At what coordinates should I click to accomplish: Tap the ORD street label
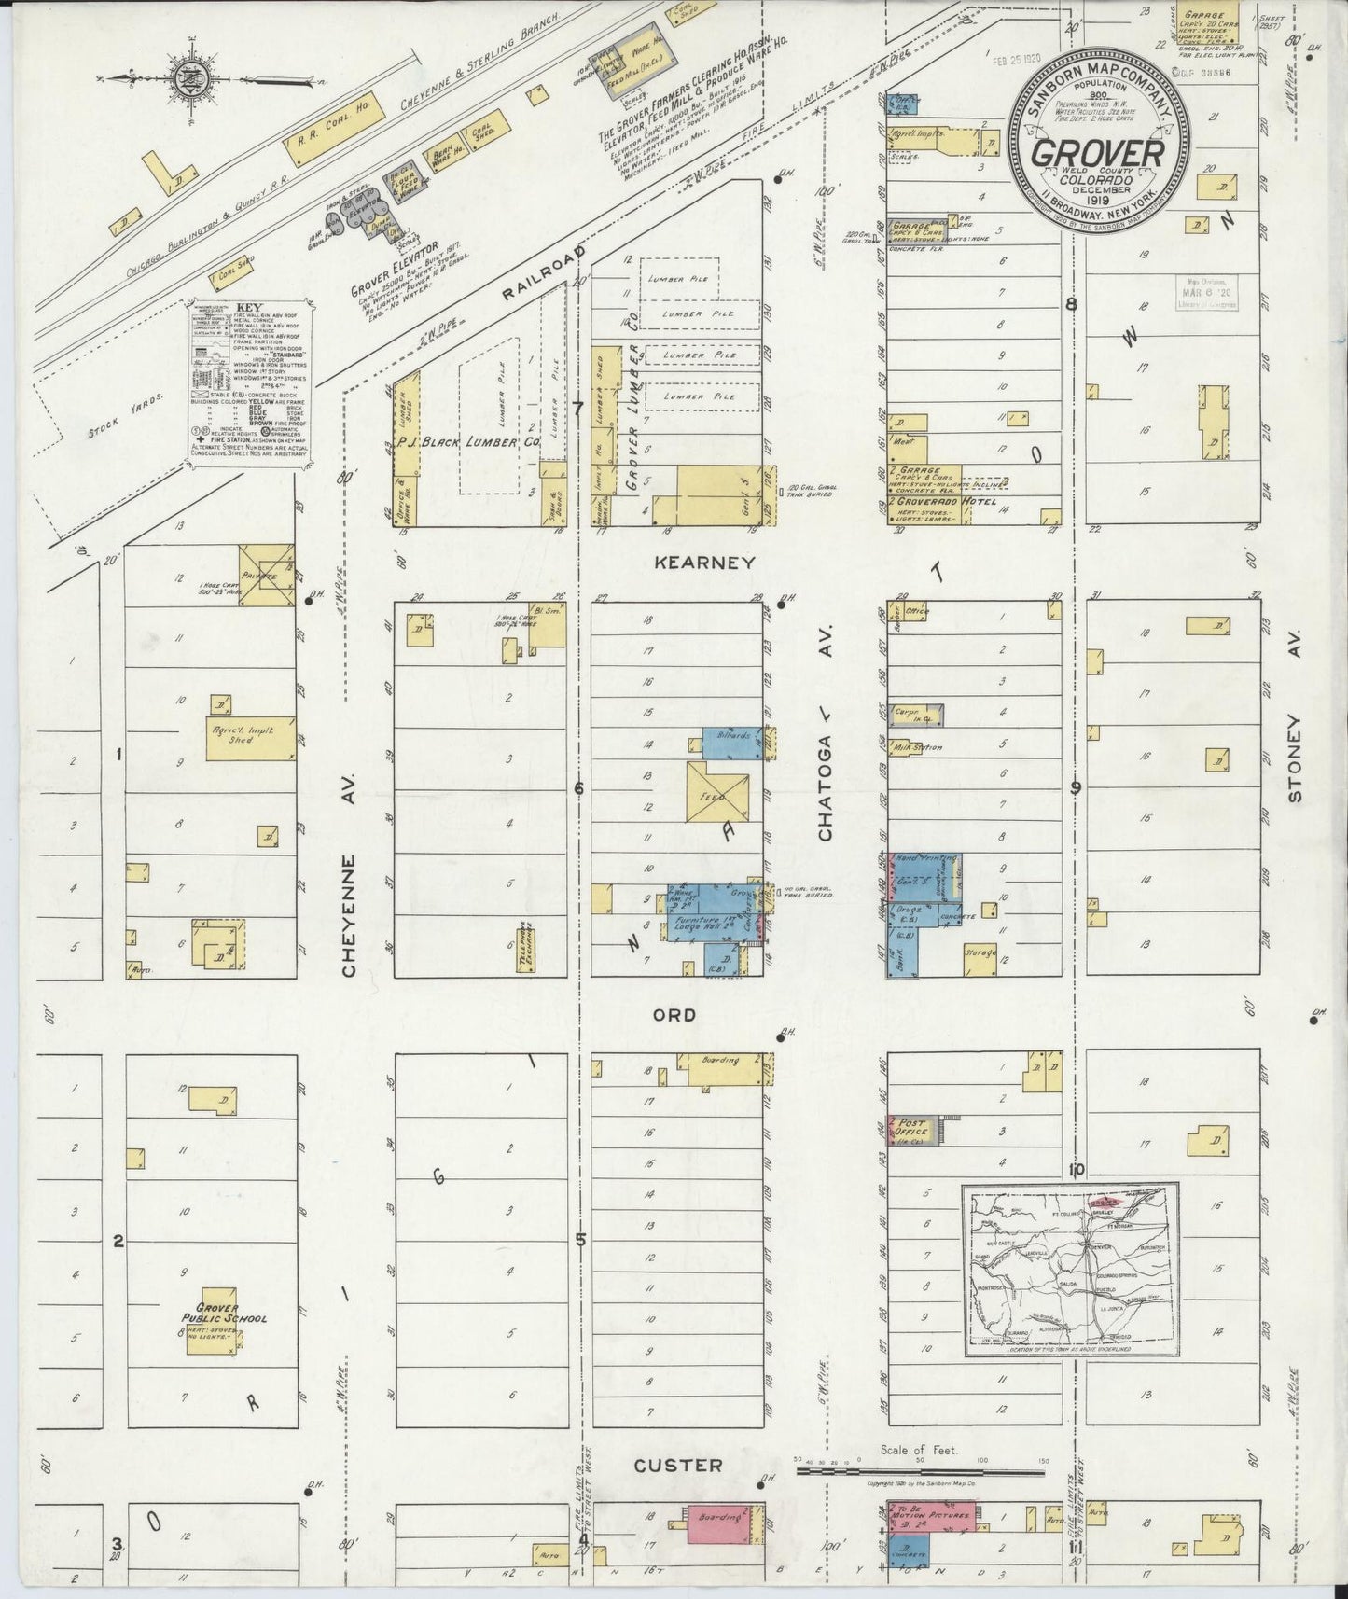pos(674,1014)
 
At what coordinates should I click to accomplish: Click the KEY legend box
pos(247,381)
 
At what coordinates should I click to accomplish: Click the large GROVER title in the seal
pos(1097,152)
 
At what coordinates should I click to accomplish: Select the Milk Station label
pos(918,747)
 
